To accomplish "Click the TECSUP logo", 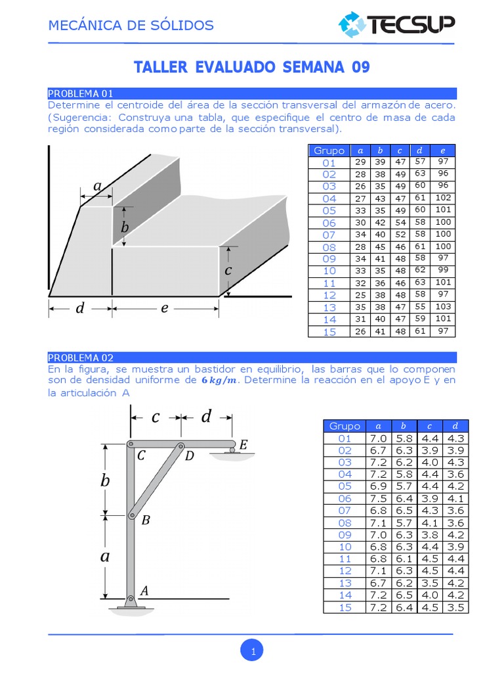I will (x=396, y=25).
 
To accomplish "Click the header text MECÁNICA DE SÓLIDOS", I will (x=131, y=26).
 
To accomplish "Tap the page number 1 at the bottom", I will (x=252, y=651).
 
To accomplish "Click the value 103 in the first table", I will (x=443, y=307).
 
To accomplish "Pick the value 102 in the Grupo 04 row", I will (x=443, y=198).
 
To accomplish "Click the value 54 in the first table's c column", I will (x=400, y=223).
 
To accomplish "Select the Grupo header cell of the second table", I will (x=345, y=426).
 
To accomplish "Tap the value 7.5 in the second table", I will (x=378, y=498).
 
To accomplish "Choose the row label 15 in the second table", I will (x=345, y=607).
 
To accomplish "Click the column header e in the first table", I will (x=443, y=151).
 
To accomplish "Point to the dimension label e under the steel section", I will (x=165, y=308).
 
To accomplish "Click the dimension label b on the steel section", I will (x=125, y=227).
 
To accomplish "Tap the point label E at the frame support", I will (x=243, y=446).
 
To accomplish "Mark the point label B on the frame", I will (x=146, y=521).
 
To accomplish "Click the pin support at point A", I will (x=131, y=601).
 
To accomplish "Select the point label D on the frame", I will (x=189, y=456).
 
